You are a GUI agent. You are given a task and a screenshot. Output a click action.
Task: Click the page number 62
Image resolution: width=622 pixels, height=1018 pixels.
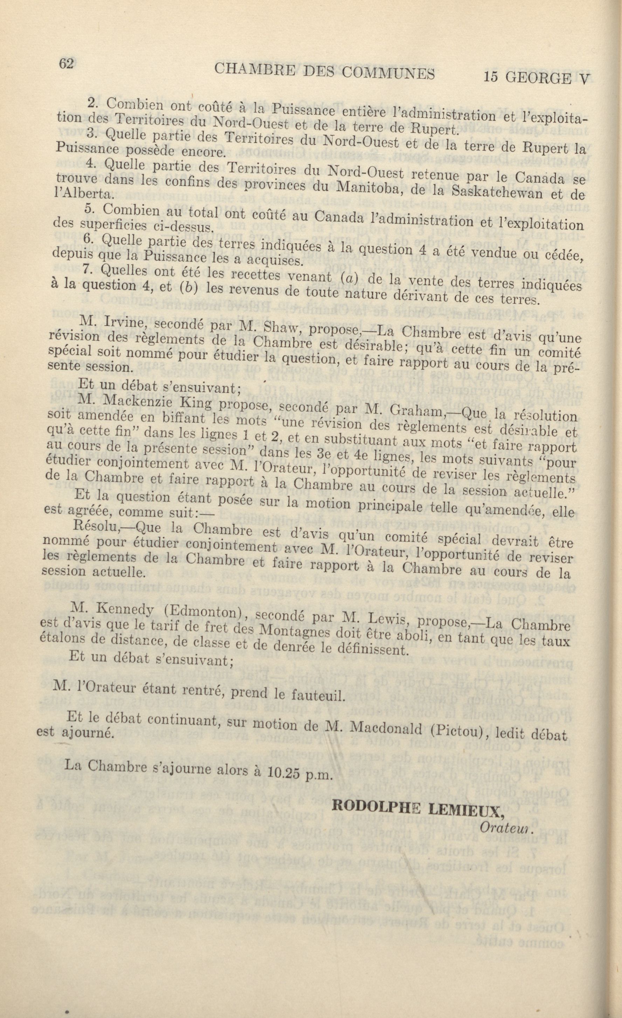click(66, 63)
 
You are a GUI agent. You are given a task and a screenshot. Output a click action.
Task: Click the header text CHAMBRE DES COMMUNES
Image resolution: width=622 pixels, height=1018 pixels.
click(325, 71)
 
